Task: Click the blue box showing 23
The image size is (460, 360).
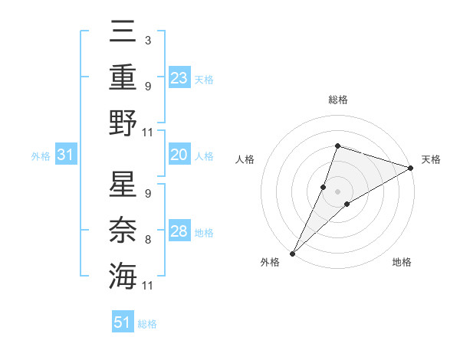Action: [179, 77]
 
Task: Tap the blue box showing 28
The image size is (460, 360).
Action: [179, 231]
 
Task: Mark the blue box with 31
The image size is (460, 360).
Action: [65, 155]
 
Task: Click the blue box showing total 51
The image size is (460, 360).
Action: [123, 322]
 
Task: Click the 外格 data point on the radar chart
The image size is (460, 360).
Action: [293, 253]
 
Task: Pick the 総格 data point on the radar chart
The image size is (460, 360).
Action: [337, 146]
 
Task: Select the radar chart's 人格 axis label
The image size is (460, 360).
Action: [245, 159]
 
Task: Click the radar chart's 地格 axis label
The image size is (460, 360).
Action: [402, 263]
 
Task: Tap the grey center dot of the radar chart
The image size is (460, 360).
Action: [337, 191]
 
